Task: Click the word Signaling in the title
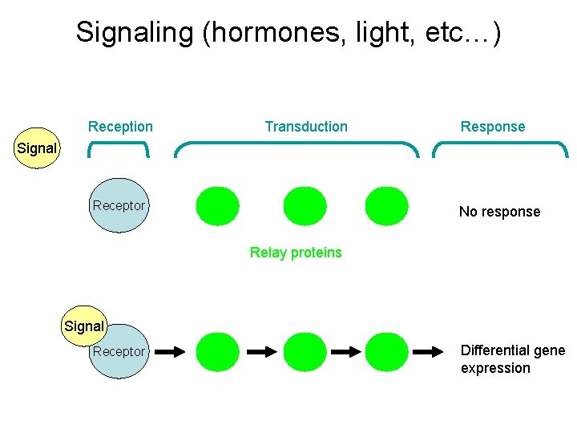point(135,33)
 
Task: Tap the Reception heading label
point(120,127)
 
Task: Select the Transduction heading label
point(306,127)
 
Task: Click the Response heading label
point(493,127)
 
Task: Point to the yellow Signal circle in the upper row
point(37,148)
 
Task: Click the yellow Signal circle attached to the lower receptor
point(84,326)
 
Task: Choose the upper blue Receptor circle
point(119,205)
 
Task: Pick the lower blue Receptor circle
point(119,352)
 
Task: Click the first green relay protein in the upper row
point(218,206)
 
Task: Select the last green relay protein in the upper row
point(386,206)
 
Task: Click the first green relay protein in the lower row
point(218,352)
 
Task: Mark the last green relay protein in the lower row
point(386,352)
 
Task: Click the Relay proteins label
point(296,253)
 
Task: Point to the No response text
point(499,212)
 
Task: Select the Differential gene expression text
point(512,359)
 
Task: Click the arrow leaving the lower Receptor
point(170,351)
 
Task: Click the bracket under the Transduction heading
point(297,145)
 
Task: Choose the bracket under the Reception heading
point(119,145)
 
